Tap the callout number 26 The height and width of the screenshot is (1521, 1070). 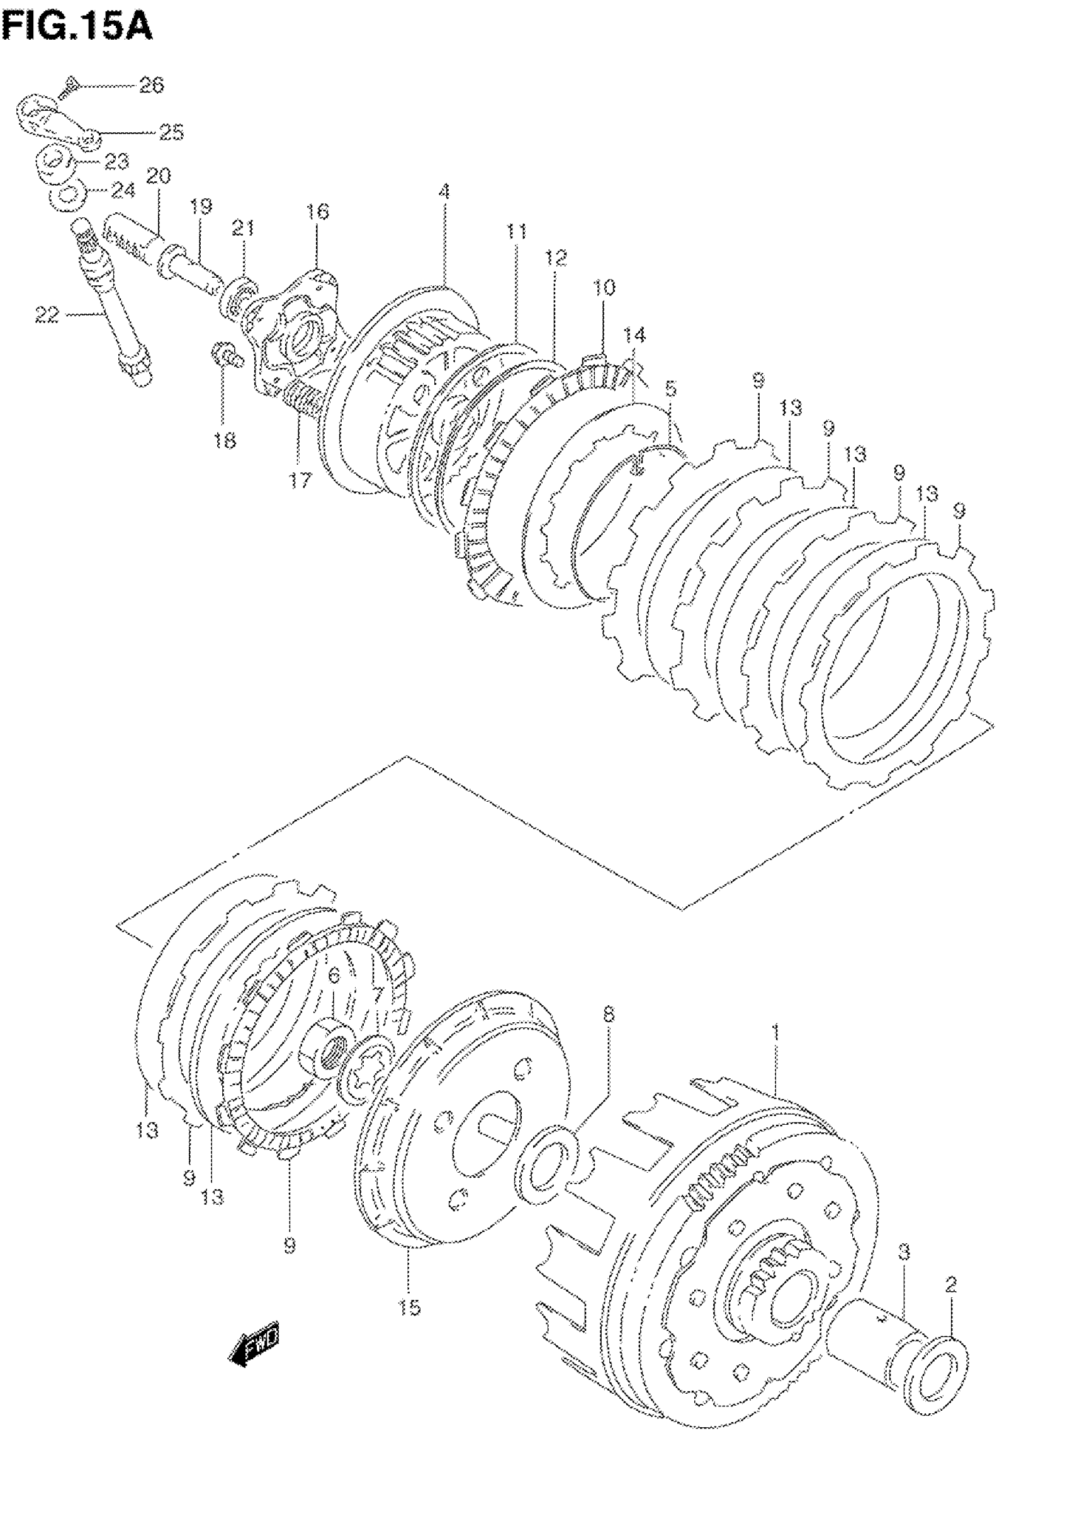click(151, 86)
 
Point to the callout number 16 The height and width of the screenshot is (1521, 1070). click(317, 212)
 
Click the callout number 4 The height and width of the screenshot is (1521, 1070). click(444, 192)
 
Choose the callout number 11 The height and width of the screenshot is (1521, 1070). click(517, 231)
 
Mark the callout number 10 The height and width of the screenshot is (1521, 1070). click(604, 287)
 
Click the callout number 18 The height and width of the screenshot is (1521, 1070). click(225, 440)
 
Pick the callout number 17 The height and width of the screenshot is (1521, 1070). click(300, 480)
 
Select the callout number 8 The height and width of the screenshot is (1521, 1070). click(609, 1014)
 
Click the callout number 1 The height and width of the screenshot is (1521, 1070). click(775, 1032)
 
